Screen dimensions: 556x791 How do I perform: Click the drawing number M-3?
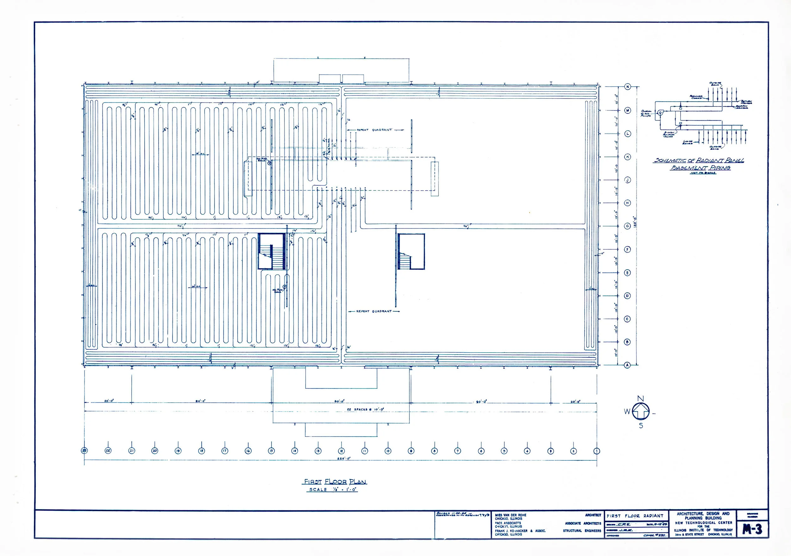point(752,529)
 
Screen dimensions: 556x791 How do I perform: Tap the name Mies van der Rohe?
point(511,515)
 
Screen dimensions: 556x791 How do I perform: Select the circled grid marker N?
point(628,87)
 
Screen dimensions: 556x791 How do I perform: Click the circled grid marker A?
point(627,365)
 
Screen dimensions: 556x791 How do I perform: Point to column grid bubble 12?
point(341,451)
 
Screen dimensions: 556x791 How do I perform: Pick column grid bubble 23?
point(84,451)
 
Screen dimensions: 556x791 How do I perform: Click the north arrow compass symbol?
point(640,412)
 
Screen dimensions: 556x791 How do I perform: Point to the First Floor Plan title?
point(334,482)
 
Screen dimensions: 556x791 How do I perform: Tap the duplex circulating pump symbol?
point(660,112)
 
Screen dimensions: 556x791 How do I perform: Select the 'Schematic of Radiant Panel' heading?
point(698,160)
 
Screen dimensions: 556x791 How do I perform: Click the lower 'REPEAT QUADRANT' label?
point(374,311)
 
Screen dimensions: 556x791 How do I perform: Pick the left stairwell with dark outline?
point(272,252)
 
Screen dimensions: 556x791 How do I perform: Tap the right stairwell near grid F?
point(411,252)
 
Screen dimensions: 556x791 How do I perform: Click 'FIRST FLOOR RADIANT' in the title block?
point(635,516)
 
